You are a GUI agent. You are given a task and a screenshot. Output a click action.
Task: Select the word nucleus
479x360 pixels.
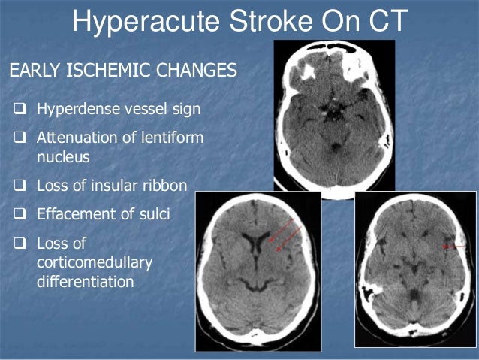coord(60,157)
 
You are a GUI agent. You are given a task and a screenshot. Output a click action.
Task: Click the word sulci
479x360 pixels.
coord(153,214)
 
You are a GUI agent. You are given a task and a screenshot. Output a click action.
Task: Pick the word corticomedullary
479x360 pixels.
coord(95,263)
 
